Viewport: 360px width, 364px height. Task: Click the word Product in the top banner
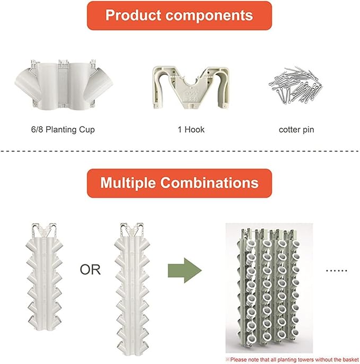coord(133,15)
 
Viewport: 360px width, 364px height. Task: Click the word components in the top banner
coord(209,16)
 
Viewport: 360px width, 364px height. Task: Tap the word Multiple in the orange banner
coord(128,183)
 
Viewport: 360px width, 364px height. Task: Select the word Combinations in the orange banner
coord(209,183)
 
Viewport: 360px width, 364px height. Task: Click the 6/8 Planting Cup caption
coord(63,129)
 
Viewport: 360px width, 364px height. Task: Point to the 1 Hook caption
coord(191,129)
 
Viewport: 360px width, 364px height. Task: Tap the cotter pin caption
coord(296,129)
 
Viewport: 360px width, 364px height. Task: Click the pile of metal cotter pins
coord(295,85)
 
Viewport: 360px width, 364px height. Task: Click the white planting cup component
coord(64,84)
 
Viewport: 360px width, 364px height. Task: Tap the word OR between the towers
coord(90,270)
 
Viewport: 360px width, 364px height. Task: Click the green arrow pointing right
coord(185,270)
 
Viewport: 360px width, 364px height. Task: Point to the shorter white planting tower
coord(45,276)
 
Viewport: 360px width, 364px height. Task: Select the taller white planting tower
coord(132,289)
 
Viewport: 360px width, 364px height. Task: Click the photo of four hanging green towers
coord(269,288)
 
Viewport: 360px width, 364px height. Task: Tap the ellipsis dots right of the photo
coord(337,271)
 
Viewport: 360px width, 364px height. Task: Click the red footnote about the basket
coord(293,360)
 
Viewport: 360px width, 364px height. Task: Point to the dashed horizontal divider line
coord(180,152)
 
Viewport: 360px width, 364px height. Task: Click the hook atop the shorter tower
coord(44,230)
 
